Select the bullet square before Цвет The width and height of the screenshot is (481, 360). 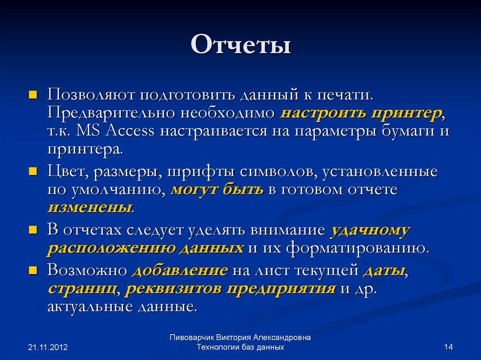click(x=33, y=172)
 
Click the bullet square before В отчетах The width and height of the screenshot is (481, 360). click(x=33, y=230)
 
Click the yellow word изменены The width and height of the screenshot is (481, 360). click(x=89, y=207)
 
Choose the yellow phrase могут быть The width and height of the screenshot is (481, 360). click(x=217, y=190)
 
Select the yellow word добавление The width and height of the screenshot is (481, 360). click(x=180, y=271)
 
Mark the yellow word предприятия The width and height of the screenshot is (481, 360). click(x=281, y=289)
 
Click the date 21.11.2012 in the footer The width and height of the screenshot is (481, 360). click(x=48, y=348)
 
